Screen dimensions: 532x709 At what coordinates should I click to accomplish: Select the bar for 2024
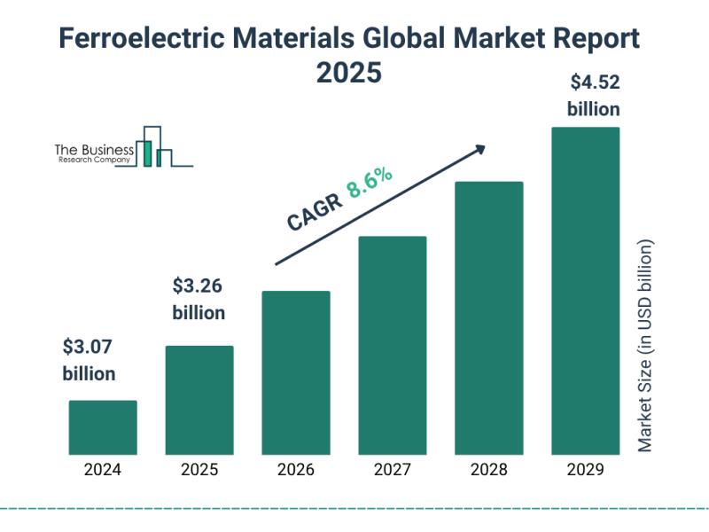(x=103, y=426)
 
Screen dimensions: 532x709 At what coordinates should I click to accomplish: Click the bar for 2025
(x=199, y=399)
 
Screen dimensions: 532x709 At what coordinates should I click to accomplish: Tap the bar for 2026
(x=296, y=372)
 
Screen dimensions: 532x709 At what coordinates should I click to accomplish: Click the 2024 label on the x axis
(x=103, y=470)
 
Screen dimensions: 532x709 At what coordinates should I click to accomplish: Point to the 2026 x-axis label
(x=296, y=470)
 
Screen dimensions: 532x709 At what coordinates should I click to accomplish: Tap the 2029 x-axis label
(x=586, y=470)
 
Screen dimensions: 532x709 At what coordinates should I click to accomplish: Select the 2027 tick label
(x=393, y=470)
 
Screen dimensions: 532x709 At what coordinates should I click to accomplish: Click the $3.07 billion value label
(x=89, y=360)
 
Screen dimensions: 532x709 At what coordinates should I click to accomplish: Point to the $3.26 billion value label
(x=199, y=299)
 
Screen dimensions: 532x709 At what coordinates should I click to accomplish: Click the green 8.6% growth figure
(x=370, y=182)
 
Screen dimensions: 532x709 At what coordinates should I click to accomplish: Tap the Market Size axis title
(x=645, y=346)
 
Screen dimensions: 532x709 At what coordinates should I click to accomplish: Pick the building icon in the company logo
(x=154, y=146)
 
